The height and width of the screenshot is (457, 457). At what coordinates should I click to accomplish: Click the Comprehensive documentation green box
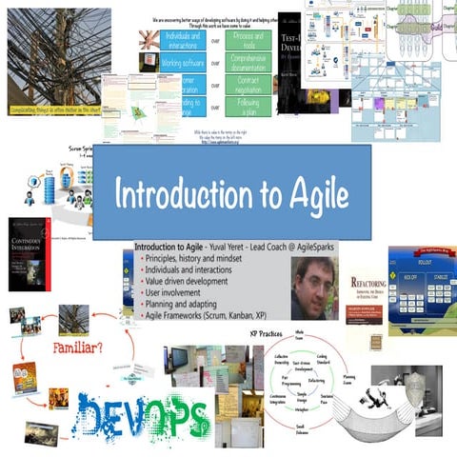248,62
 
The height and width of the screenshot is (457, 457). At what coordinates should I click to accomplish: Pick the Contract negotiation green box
248,83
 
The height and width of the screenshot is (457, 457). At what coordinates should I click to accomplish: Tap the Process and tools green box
248,40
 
